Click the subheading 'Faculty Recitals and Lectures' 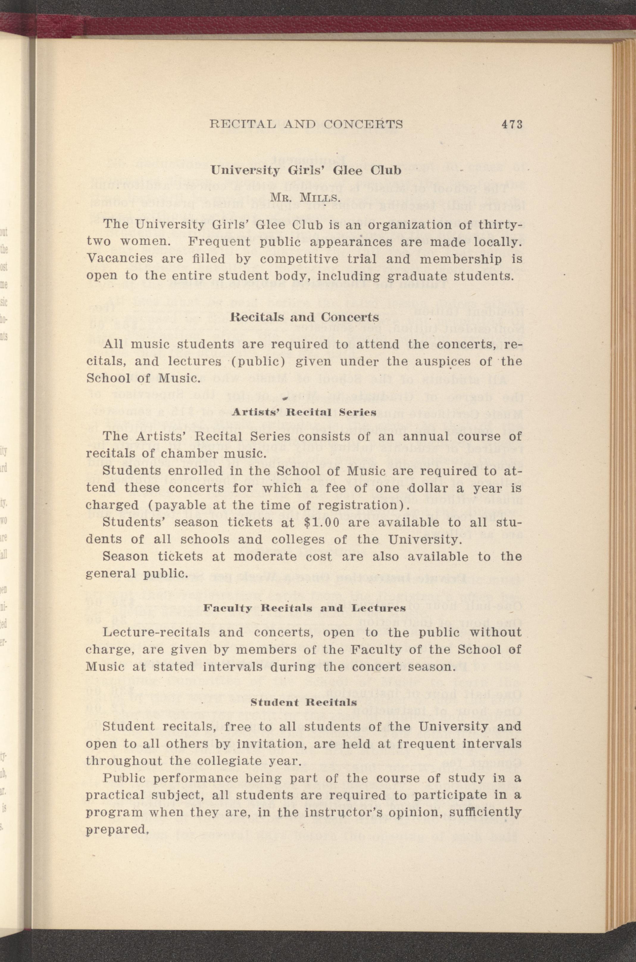(x=304, y=608)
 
